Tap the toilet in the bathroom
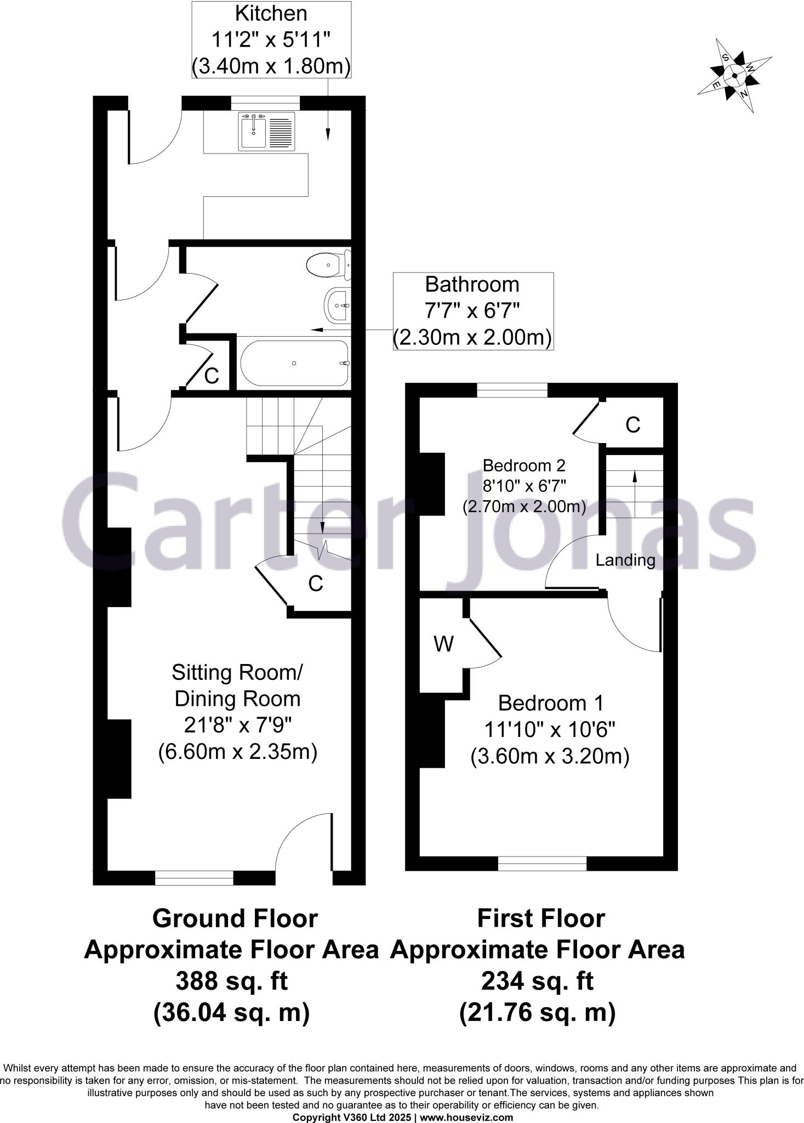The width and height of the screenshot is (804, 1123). [328, 265]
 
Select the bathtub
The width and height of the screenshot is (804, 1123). [294, 363]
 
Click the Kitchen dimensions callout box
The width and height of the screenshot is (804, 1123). [271, 39]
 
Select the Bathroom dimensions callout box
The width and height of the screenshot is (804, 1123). [472, 311]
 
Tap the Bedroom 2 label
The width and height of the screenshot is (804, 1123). [524, 486]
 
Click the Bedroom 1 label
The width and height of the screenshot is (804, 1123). [550, 729]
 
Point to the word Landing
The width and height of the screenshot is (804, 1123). [625, 560]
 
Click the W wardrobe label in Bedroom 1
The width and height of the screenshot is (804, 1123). [443, 644]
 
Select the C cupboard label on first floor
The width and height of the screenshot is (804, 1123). [633, 425]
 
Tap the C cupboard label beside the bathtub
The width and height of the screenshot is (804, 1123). [212, 376]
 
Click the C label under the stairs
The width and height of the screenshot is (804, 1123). [315, 584]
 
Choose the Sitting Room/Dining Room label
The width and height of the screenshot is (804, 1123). [237, 711]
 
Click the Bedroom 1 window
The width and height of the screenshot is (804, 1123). [542, 864]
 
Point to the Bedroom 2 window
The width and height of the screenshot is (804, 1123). [512, 390]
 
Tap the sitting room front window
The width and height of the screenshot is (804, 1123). [194, 878]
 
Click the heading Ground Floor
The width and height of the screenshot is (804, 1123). [235, 918]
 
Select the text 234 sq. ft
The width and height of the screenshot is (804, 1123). [537, 981]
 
